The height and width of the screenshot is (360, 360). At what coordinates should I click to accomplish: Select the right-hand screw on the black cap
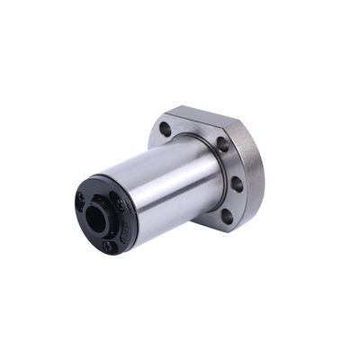[120, 206]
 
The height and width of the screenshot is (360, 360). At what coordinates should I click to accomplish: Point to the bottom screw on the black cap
[108, 244]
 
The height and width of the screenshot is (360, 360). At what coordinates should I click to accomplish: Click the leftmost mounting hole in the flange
[166, 129]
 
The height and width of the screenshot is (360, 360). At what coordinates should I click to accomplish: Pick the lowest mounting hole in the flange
[227, 215]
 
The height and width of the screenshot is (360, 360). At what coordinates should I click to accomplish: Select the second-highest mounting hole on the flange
[222, 143]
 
